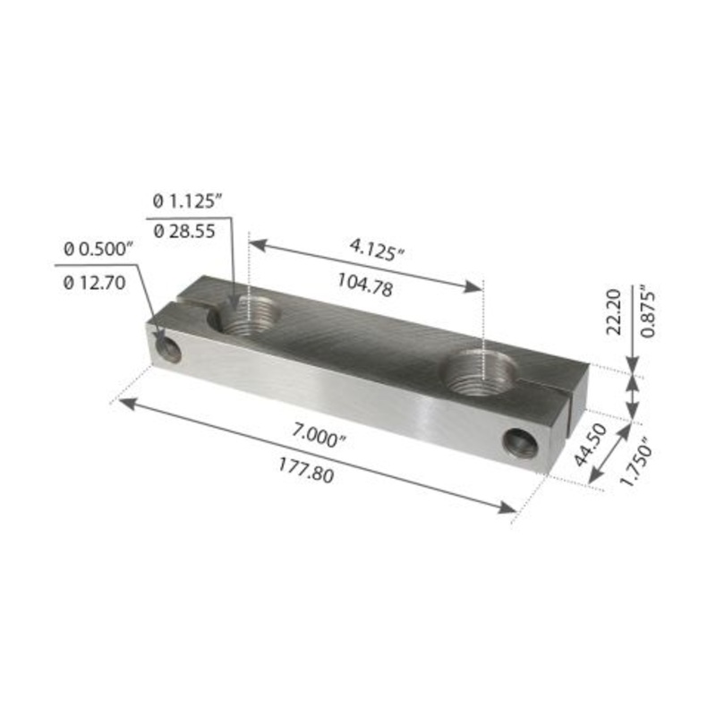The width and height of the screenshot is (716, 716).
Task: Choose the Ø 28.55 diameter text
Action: click(x=184, y=231)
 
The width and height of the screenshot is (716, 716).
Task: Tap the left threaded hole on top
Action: click(x=249, y=317)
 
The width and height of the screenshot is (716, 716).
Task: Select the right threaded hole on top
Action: click(x=482, y=370)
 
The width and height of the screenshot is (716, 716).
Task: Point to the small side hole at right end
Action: click(x=520, y=442)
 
